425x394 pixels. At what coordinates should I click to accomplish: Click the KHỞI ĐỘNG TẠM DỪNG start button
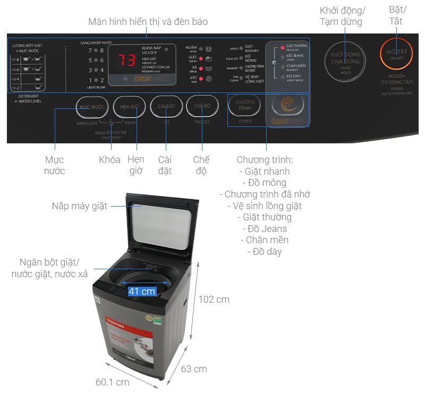(345, 61)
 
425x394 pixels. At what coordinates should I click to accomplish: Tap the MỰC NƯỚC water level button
(91, 107)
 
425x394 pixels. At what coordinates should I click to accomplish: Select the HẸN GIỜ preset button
(129, 107)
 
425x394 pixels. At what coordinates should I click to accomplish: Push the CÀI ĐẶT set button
(166, 107)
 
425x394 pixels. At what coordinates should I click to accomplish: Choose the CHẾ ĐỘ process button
(202, 107)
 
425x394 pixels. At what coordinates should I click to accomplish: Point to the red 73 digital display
(126, 59)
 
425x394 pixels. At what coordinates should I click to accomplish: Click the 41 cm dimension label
(142, 291)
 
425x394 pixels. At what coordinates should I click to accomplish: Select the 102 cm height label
(214, 299)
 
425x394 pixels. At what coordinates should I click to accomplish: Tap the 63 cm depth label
(193, 369)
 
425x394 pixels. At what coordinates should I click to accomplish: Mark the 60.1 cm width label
(113, 382)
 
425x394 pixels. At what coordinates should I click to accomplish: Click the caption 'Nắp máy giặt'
(80, 205)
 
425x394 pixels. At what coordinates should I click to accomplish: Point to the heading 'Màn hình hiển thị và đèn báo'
(148, 22)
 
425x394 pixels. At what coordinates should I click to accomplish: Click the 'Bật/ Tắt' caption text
(396, 16)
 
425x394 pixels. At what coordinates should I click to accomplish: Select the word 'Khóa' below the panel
(109, 160)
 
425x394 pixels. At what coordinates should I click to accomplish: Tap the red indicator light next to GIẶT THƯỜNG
(282, 48)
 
